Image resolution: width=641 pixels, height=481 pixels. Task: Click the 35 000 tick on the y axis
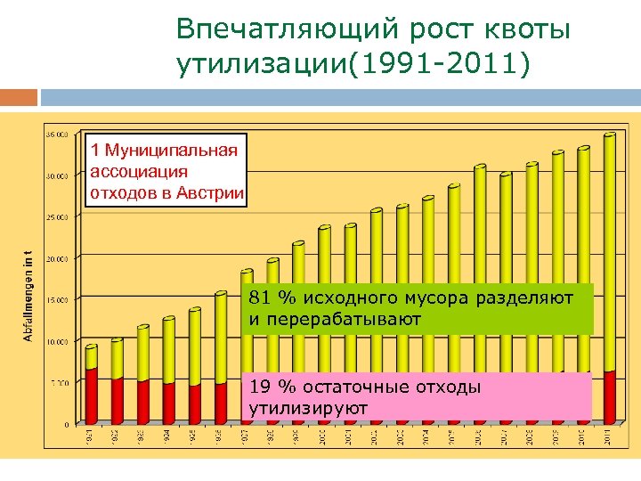(x=57, y=135)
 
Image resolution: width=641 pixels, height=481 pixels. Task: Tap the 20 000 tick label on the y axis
(x=57, y=258)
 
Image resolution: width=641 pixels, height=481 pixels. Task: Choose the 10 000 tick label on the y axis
(x=57, y=341)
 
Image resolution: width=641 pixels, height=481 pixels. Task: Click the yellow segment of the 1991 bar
(x=91, y=357)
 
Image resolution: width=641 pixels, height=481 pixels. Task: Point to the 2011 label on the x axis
(x=609, y=436)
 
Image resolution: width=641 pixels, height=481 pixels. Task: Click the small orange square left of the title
(x=19, y=96)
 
